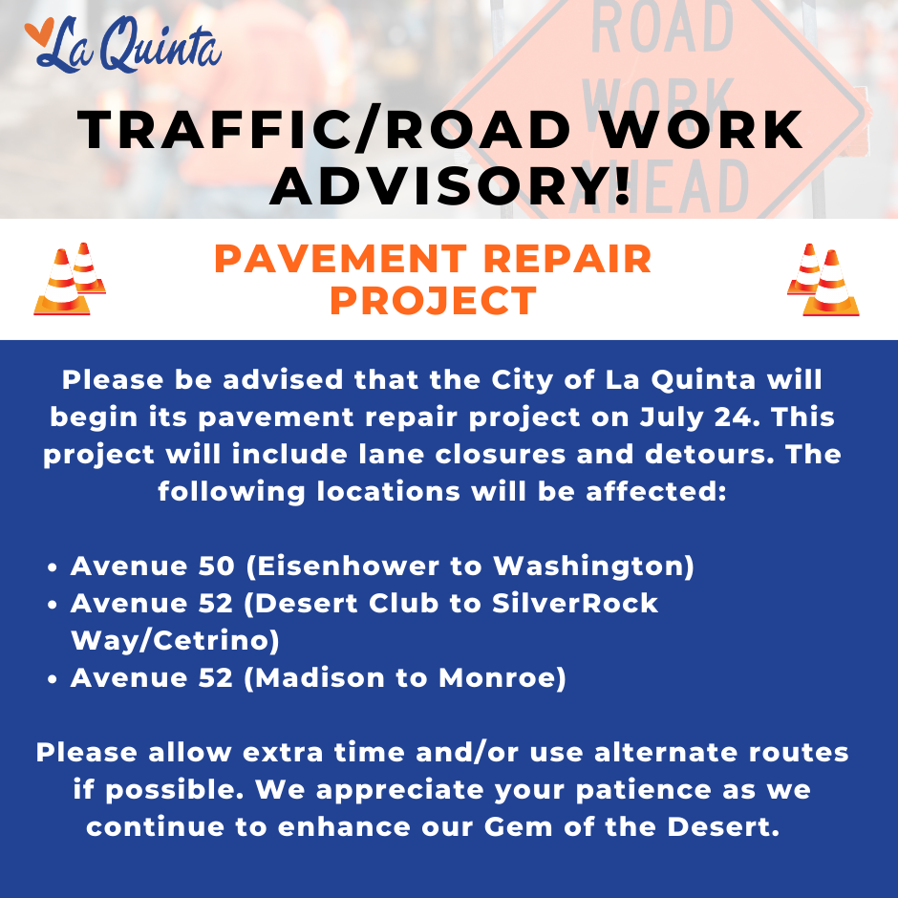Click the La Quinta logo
[x=122, y=45]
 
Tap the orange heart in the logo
[x=39, y=32]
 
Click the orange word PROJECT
[x=433, y=301]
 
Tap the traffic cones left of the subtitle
[x=70, y=279]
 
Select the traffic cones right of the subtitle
[x=823, y=280]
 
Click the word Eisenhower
[x=348, y=566]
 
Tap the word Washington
[x=589, y=567]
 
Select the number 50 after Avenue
[x=217, y=566]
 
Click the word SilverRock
[x=575, y=603]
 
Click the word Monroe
[x=497, y=677]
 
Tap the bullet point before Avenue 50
[x=53, y=567]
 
